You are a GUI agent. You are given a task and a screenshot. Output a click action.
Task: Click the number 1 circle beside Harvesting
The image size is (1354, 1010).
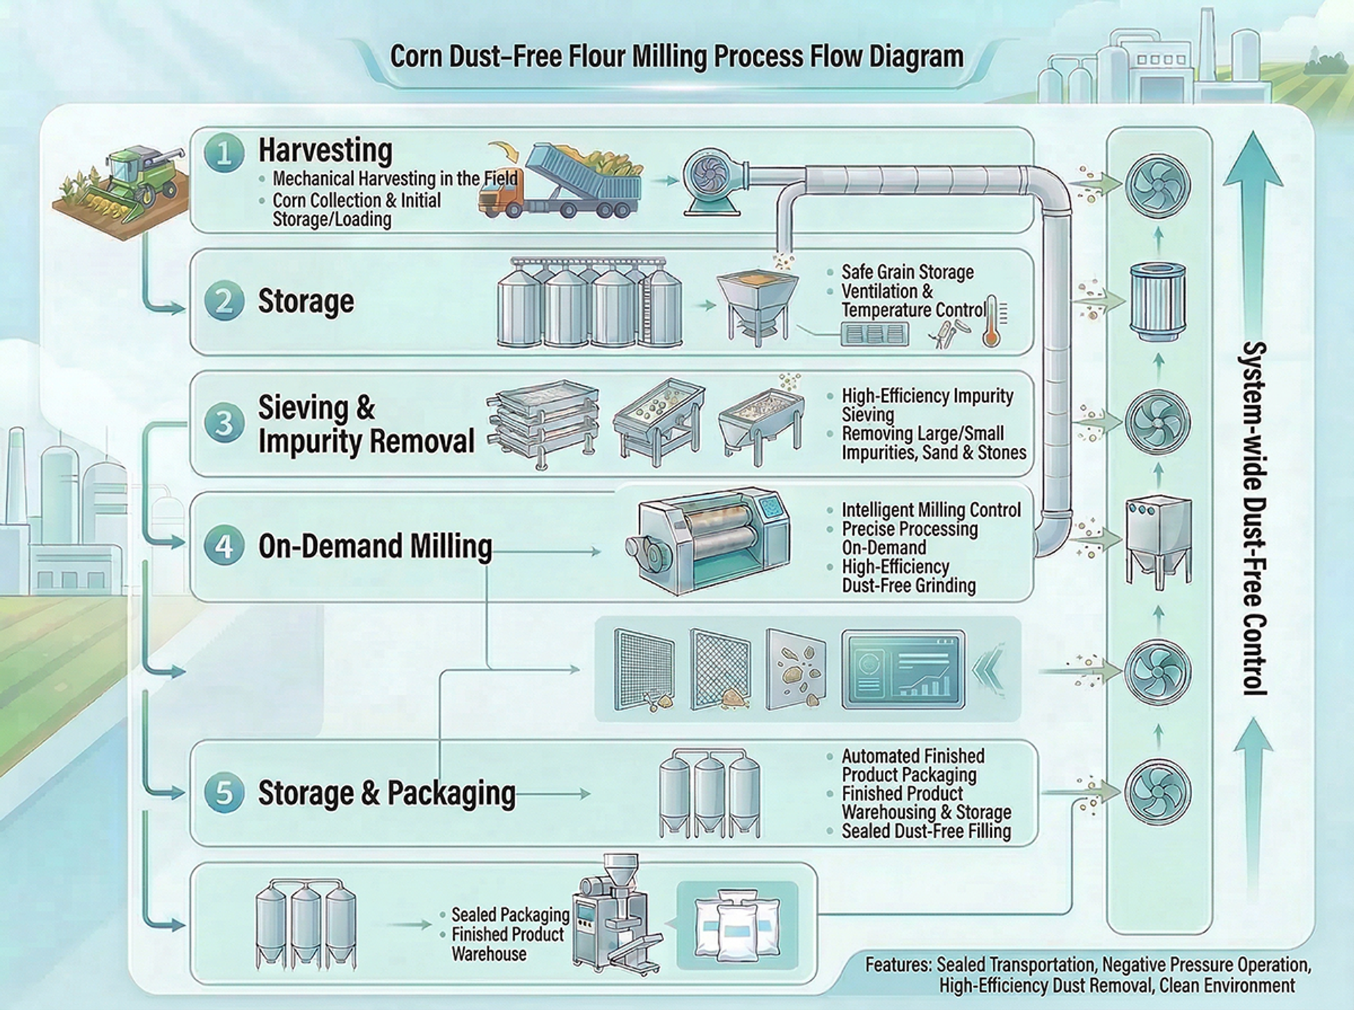[x=224, y=153]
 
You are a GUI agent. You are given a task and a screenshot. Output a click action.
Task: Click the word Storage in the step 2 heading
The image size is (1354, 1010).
[x=305, y=301]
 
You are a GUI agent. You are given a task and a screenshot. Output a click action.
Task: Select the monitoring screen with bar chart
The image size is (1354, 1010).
[x=903, y=670]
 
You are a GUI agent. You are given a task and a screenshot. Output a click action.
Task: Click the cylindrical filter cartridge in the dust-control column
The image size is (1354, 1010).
[x=1158, y=300]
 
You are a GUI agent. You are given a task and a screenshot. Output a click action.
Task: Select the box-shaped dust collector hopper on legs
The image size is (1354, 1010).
[x=1158, y=541]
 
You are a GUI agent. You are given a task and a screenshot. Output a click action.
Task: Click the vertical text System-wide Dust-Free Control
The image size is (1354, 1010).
[x=1254, y=518]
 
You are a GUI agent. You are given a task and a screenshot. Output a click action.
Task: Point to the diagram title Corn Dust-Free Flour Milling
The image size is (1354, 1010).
[x=676, y=56]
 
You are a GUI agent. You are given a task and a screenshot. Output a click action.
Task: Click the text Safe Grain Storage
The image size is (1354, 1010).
[x=907, y=272]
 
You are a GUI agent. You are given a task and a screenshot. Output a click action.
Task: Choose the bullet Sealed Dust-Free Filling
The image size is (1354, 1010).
[x=925, y=831]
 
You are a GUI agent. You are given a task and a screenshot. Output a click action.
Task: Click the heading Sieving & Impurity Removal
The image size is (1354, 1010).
[x=366, y=424]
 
